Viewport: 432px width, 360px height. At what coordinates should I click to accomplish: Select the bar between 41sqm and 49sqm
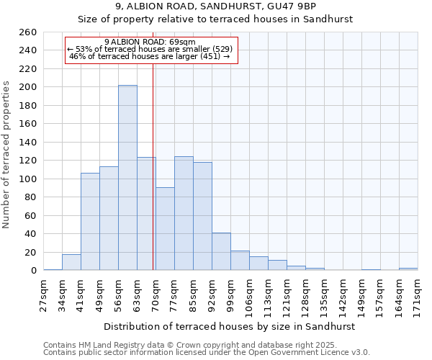click(x=90, y=222)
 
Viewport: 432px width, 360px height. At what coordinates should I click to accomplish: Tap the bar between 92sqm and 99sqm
click(x=221, y=251)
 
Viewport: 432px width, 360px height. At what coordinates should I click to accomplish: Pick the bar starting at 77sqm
click(x=184, y=214)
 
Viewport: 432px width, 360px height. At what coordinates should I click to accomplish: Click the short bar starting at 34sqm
click(x=71, y=263)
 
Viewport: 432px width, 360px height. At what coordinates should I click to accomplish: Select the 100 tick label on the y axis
click(x=27, y=179)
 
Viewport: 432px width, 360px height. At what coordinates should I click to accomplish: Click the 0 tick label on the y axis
click(x=33, y=271)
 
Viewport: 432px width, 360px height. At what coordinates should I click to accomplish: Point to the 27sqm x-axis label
click(x=44, y=294)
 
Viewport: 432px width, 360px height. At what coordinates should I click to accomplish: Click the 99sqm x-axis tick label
click(x=230, y=294)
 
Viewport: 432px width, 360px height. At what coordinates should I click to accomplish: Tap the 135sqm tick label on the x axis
click(x=324, y=294)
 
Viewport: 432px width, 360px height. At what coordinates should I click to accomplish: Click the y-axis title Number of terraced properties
click(x=6, y=154)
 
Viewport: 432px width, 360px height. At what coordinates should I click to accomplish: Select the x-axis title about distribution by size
click(x=230, y=326)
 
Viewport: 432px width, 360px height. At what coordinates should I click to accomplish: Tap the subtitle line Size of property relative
click(x=215, y=19)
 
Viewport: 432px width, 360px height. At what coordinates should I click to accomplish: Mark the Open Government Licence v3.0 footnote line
click(x=207, y=353)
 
